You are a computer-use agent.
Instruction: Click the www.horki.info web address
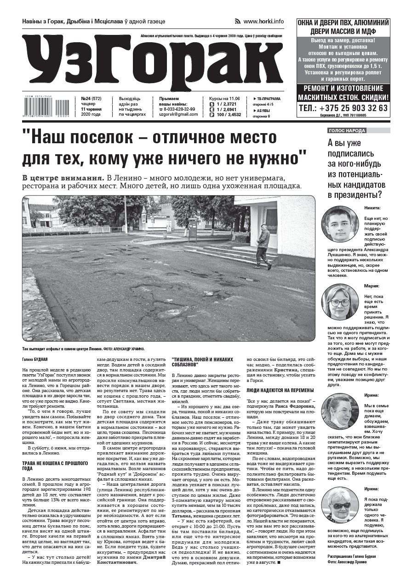coord(263,22)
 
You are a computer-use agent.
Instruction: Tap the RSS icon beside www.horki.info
coord(238,22)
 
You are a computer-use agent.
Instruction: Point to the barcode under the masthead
coord(45,110)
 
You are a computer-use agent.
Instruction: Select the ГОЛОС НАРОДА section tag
coord(347,131)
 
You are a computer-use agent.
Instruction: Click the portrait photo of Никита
coord(339,225)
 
